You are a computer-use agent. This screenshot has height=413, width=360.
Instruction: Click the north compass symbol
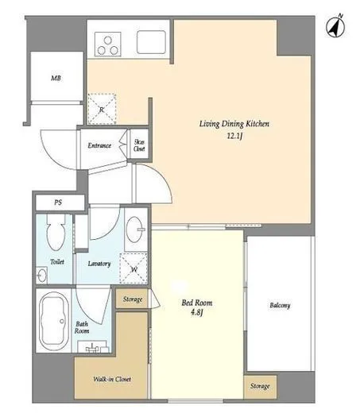[x=335, y=26]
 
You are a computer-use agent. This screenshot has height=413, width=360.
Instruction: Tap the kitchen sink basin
[x=151, y=42]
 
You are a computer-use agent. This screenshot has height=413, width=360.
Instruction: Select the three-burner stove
[x=108, y=44]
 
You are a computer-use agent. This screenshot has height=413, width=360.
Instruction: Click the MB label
[x=56, y=78]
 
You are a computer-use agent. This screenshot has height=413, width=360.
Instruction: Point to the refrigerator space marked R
[x=102, y=109]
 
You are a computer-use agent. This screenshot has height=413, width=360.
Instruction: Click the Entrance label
[x=99, y=145]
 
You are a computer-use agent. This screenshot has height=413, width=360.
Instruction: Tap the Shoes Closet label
[x=139, y=145]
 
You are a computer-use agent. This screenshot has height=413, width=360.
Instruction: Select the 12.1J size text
[x=234, y=136]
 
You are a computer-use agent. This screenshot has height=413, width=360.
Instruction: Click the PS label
[x=58, y=203]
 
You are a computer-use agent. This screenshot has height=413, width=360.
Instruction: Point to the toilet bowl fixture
[x=56, y=232]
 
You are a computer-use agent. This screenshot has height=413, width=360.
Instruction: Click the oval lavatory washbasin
[x=135, y=229]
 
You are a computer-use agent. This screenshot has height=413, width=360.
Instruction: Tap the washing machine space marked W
[x=134, y=268]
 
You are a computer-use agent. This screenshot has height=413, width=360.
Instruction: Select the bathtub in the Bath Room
[x=54, y=320]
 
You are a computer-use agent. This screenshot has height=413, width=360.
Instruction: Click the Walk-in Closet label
[x=112, y=379]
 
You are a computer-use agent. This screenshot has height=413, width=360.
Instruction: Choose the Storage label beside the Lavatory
[x=133, y=299]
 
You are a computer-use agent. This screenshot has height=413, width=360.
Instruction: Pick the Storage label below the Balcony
[x=260, y=386]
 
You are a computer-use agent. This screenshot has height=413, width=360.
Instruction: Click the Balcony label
[x=280, y=305]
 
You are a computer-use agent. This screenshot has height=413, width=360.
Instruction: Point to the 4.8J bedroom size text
[x=197, y=313]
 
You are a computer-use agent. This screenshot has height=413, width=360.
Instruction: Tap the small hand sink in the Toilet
[x=42, y=276]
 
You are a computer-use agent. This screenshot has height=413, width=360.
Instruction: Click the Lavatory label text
[x=99, y=264]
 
